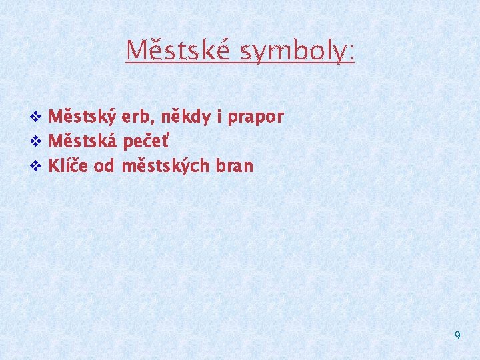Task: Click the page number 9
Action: [x=457, y=335]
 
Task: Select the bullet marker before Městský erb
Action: [x=37, y=118]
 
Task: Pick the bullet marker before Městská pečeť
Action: [x=37, y=142]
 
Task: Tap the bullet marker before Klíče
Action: [x=37, y=166]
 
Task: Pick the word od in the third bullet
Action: [x=105, y=166]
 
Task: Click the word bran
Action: [x=233, y=166]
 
